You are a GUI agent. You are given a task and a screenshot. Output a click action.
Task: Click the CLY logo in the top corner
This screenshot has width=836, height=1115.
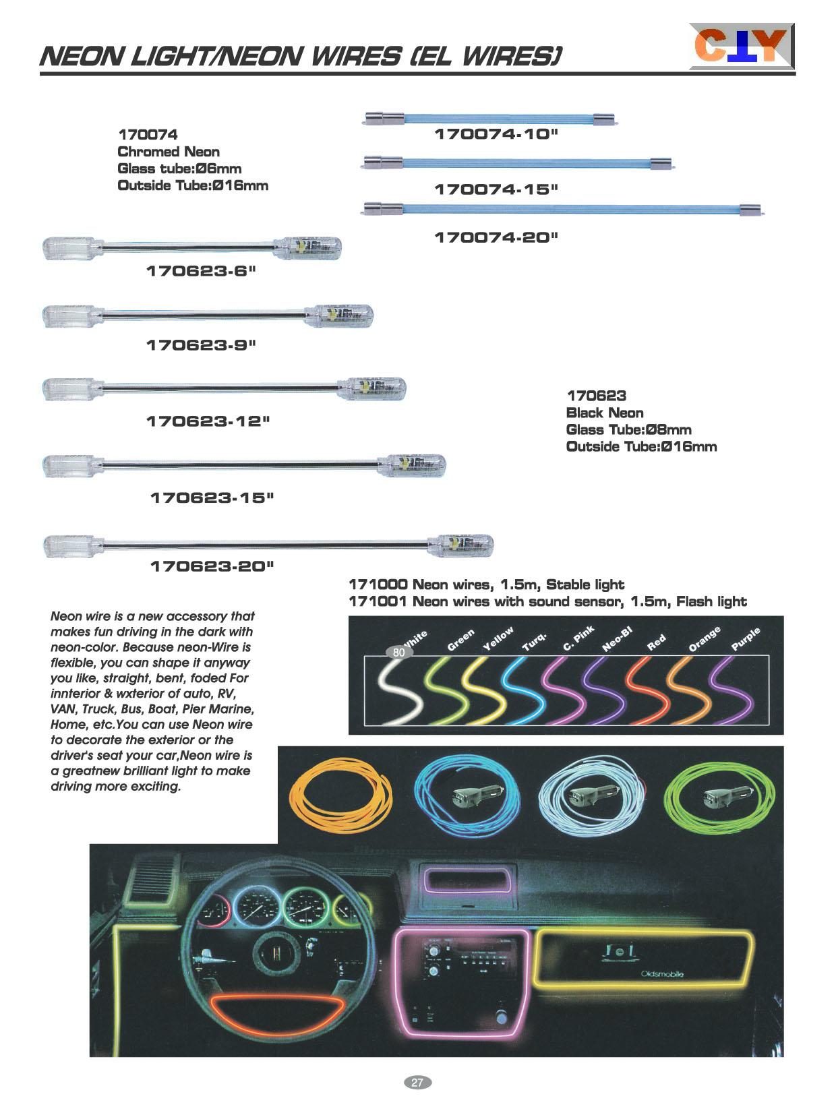pos(741,46)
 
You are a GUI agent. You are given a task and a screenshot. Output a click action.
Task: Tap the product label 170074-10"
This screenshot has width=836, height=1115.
pos(496,134)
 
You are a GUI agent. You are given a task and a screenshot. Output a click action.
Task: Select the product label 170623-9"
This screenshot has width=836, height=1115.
pos(202,345)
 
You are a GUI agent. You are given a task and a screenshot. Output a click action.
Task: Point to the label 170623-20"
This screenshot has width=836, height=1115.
pos(212,566)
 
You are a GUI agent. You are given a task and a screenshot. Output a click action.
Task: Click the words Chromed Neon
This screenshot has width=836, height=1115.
pos(168,152)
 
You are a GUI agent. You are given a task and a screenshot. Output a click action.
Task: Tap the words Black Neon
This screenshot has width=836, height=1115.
pos(605,413)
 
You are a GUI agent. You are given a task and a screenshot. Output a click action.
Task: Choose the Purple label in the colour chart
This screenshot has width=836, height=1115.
pos(745,638)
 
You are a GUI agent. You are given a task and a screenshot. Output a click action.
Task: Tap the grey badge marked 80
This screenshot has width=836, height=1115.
pos(398,653)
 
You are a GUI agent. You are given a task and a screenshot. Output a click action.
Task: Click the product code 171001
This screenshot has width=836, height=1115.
pos(378,601)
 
